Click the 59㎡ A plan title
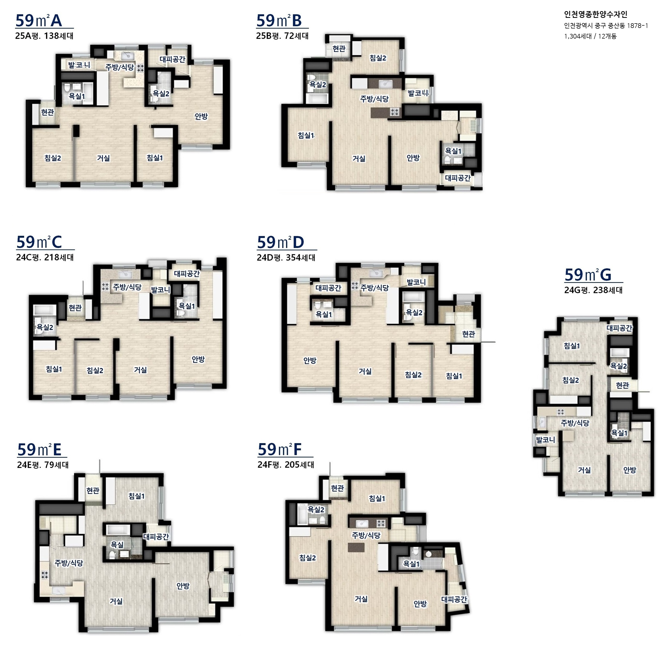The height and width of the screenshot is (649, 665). (x=39, y=20)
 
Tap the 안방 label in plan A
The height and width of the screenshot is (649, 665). (x=201, y=116)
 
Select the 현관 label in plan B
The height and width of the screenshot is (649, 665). (x=339, y=49)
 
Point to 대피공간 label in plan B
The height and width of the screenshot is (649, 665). (x=458, y=178)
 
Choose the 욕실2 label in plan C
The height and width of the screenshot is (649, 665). (x=45, y=327)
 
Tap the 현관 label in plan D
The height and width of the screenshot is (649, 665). (x=469, y=334)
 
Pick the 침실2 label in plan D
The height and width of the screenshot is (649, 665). (x=414, y=375)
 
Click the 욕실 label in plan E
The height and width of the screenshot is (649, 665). (x=117, y=544)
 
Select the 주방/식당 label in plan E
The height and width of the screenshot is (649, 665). (x=69, y=563)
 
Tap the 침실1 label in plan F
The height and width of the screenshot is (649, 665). (x=377, y=498)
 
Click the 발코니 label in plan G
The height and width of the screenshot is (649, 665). (x=546, y=440)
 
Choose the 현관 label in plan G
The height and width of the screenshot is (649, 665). (x=622, y=385)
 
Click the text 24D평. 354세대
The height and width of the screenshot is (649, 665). (x=286, y=257)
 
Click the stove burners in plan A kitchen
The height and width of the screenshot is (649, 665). (x=141, y=68)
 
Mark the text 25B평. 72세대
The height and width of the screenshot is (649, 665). (x=282, y=36)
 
